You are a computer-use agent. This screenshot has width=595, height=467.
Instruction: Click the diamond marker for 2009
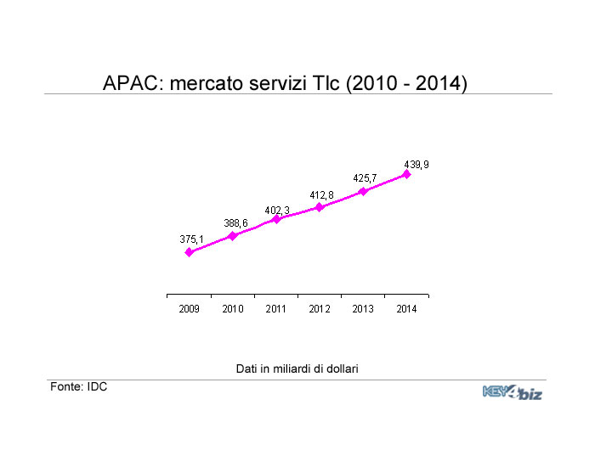point(189,252)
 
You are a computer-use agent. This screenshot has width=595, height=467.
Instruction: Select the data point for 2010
point(233,235)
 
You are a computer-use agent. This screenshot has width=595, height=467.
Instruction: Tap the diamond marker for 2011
point(276,219)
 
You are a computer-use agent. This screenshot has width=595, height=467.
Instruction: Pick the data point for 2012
point(320,206)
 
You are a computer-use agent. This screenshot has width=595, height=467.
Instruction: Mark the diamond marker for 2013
point(363,191)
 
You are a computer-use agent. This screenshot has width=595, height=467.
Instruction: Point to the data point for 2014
point(406,174)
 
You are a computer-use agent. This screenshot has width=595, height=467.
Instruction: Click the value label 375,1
point(191,239)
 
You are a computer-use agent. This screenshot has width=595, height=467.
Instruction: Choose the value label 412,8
point(321,195)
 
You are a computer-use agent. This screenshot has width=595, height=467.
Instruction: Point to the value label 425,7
point(365,178)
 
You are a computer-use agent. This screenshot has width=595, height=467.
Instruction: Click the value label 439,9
point(416,164)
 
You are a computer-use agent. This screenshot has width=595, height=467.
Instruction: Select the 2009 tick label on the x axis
point(189,309)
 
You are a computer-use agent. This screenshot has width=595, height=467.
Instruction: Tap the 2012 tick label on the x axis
point(320,309)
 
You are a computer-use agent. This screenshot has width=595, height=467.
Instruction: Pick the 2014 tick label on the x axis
point(406,309)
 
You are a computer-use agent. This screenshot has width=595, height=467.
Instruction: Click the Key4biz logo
point(512,392)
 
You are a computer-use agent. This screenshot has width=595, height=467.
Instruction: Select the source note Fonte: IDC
point(78,386)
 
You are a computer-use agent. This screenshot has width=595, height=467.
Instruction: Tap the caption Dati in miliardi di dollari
point(297,369)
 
